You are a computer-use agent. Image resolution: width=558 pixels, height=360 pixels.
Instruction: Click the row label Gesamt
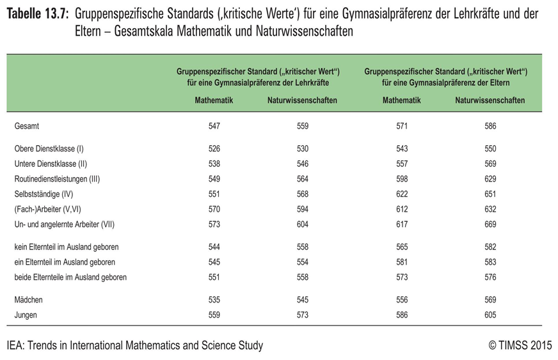[26, 127]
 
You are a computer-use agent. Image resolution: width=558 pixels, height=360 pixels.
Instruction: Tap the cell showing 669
[490, 224]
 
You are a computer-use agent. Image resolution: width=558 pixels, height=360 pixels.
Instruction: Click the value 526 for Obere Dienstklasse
[214, 149]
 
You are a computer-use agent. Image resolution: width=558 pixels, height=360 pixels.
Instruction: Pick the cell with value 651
[490, 194]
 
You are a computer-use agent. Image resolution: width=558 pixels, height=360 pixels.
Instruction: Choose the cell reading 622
[401, 194]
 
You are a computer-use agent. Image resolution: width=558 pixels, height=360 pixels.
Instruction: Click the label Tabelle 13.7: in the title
[38, 13]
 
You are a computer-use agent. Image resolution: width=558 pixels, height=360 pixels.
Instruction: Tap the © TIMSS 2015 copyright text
[520, 346]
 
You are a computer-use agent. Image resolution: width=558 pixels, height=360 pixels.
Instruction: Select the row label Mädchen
[29, 299]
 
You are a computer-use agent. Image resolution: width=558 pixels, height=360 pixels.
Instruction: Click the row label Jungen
[26, 315]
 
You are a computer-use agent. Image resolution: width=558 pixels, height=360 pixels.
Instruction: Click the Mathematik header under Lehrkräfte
[214, 100]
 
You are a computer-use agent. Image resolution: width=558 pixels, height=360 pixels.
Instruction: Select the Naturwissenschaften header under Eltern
[490, 100]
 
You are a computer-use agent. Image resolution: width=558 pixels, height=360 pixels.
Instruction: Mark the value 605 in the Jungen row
[490, 315]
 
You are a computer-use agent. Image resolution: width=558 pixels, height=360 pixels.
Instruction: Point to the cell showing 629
[490, 179]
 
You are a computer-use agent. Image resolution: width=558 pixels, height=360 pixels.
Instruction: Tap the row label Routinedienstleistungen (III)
[57, 179]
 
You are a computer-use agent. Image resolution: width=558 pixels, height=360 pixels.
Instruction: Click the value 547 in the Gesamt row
[214, 127]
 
